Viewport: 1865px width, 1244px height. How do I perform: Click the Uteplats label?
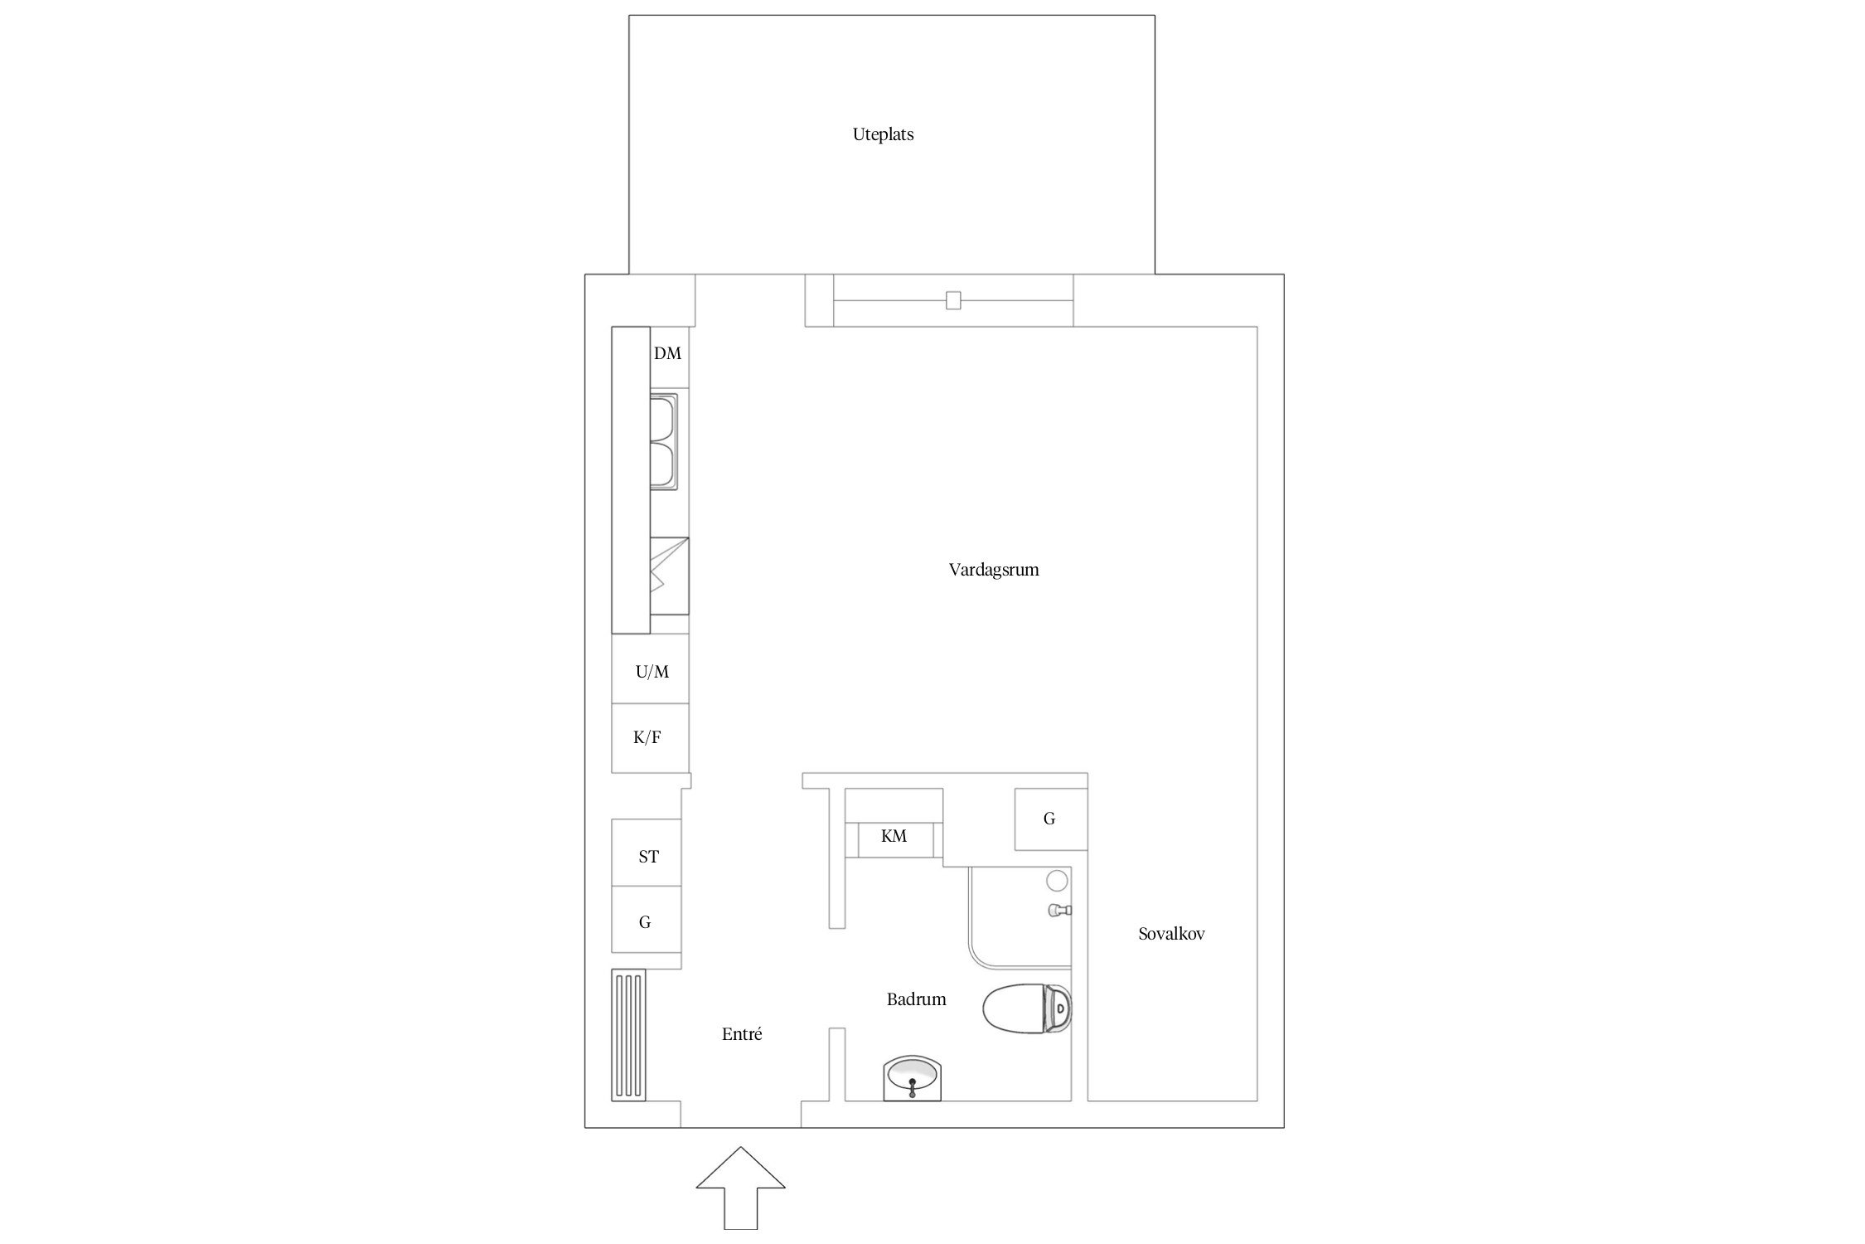(883, 134)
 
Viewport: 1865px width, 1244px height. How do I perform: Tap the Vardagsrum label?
(994, 570)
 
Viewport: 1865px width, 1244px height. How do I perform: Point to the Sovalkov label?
(1171, 934)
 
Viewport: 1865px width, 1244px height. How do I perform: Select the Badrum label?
(916, 999)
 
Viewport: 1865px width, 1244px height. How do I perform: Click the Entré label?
(742, 1034)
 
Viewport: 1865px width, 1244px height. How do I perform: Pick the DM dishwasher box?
(670, 357)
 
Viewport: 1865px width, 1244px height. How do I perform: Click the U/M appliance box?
(650, 669)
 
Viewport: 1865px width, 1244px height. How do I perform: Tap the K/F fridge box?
(650, 738)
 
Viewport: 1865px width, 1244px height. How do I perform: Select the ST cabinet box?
(647, 853)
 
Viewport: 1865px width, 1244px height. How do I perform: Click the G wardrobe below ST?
(647, 919)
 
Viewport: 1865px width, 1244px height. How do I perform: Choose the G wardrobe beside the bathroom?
(1051, 819)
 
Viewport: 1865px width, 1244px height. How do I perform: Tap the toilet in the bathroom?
(1027, 1008)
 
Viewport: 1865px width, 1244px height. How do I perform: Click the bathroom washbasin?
(913, 1078)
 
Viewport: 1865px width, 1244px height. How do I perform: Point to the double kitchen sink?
(663, 442)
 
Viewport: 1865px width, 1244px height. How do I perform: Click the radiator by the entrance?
(628, 1035)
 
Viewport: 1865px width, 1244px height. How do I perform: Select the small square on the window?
(953, 300)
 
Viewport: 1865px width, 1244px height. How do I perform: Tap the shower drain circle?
(1057, 881)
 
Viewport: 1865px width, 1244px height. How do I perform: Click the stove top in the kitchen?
(669, 576)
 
